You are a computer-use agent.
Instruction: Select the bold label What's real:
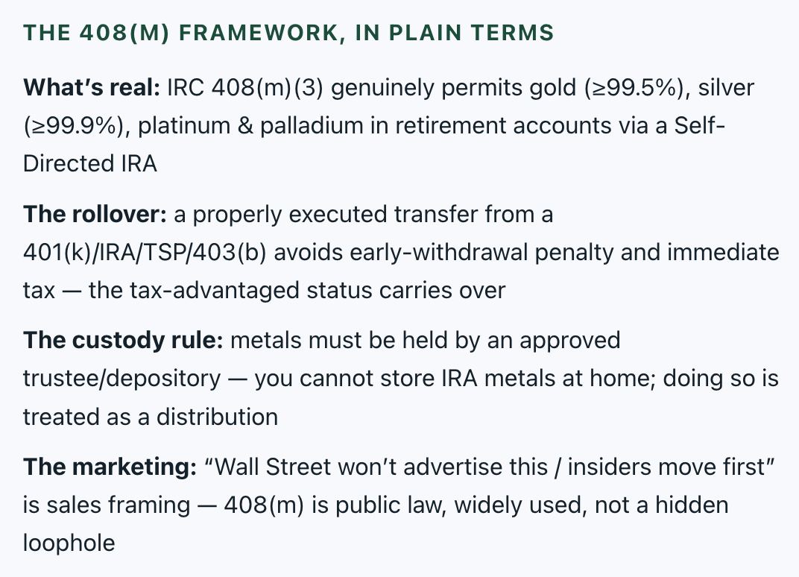(x=92, y=88)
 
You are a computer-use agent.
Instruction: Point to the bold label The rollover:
(x=95, y=214)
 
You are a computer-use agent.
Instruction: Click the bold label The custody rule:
(x=123, y=341)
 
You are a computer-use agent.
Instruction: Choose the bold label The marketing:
(x=110, y=467)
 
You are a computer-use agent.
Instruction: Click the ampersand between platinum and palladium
(x=245, y=126)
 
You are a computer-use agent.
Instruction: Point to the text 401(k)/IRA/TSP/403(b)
(x=145, y=252)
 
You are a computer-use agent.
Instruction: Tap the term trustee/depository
(x=121, y=379)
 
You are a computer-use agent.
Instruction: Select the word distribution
(x=217, y=417)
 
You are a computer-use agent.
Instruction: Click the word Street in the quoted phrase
(x=298, y=467)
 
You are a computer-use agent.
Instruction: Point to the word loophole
(x=69, y=543)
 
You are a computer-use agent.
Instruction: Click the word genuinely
(x=382, y=88)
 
